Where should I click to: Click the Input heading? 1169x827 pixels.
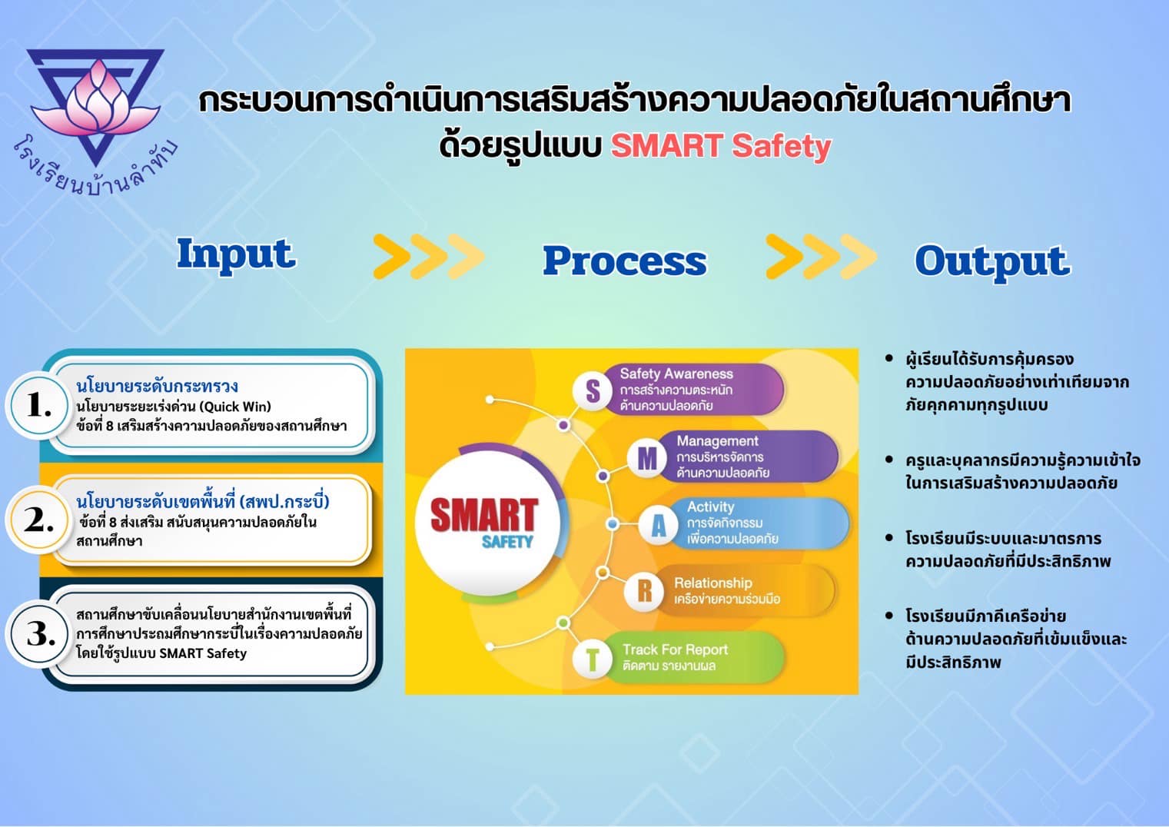point(237,255)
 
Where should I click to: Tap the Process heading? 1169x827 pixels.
point(625,261)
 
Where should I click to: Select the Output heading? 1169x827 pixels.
point(992,262)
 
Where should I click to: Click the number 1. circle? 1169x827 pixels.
point(39,405)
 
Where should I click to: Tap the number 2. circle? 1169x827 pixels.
point(39,520)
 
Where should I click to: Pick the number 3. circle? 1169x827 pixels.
point(39,634)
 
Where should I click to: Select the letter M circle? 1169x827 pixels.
point(647,459)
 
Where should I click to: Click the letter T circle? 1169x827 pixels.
point(593,659)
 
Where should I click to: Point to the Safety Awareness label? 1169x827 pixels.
point(676,374)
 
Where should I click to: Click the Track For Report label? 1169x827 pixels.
point(675,649)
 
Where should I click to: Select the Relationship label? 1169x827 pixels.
point(713,583)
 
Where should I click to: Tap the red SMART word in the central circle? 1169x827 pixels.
point(483,515)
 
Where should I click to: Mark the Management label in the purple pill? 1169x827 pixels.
point(717,441)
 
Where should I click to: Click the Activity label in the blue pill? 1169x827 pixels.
point(710,506)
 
